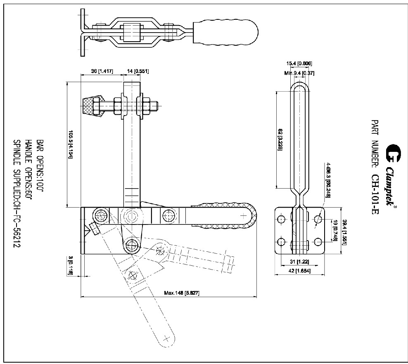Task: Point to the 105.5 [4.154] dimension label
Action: point(71,143)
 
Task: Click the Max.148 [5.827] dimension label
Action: point(182,293)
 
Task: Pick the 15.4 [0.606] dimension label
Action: point(299,63)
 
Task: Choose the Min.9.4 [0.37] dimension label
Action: point(299,73)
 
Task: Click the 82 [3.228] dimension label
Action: point(280,140)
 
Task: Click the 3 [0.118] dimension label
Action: point(71,265)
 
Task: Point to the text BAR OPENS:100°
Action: point(40,165)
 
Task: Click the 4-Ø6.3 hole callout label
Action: point(328,180)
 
